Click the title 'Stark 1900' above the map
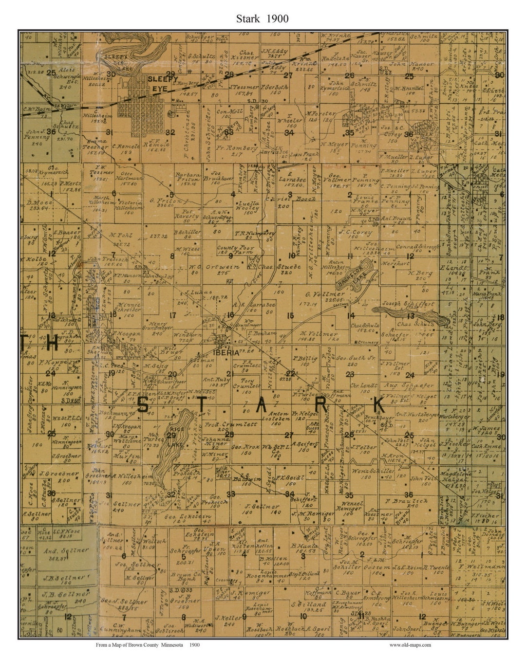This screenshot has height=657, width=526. click(263, 18)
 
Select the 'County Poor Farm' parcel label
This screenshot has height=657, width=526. click(234, 250)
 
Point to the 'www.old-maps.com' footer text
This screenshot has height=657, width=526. click(410, 645)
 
